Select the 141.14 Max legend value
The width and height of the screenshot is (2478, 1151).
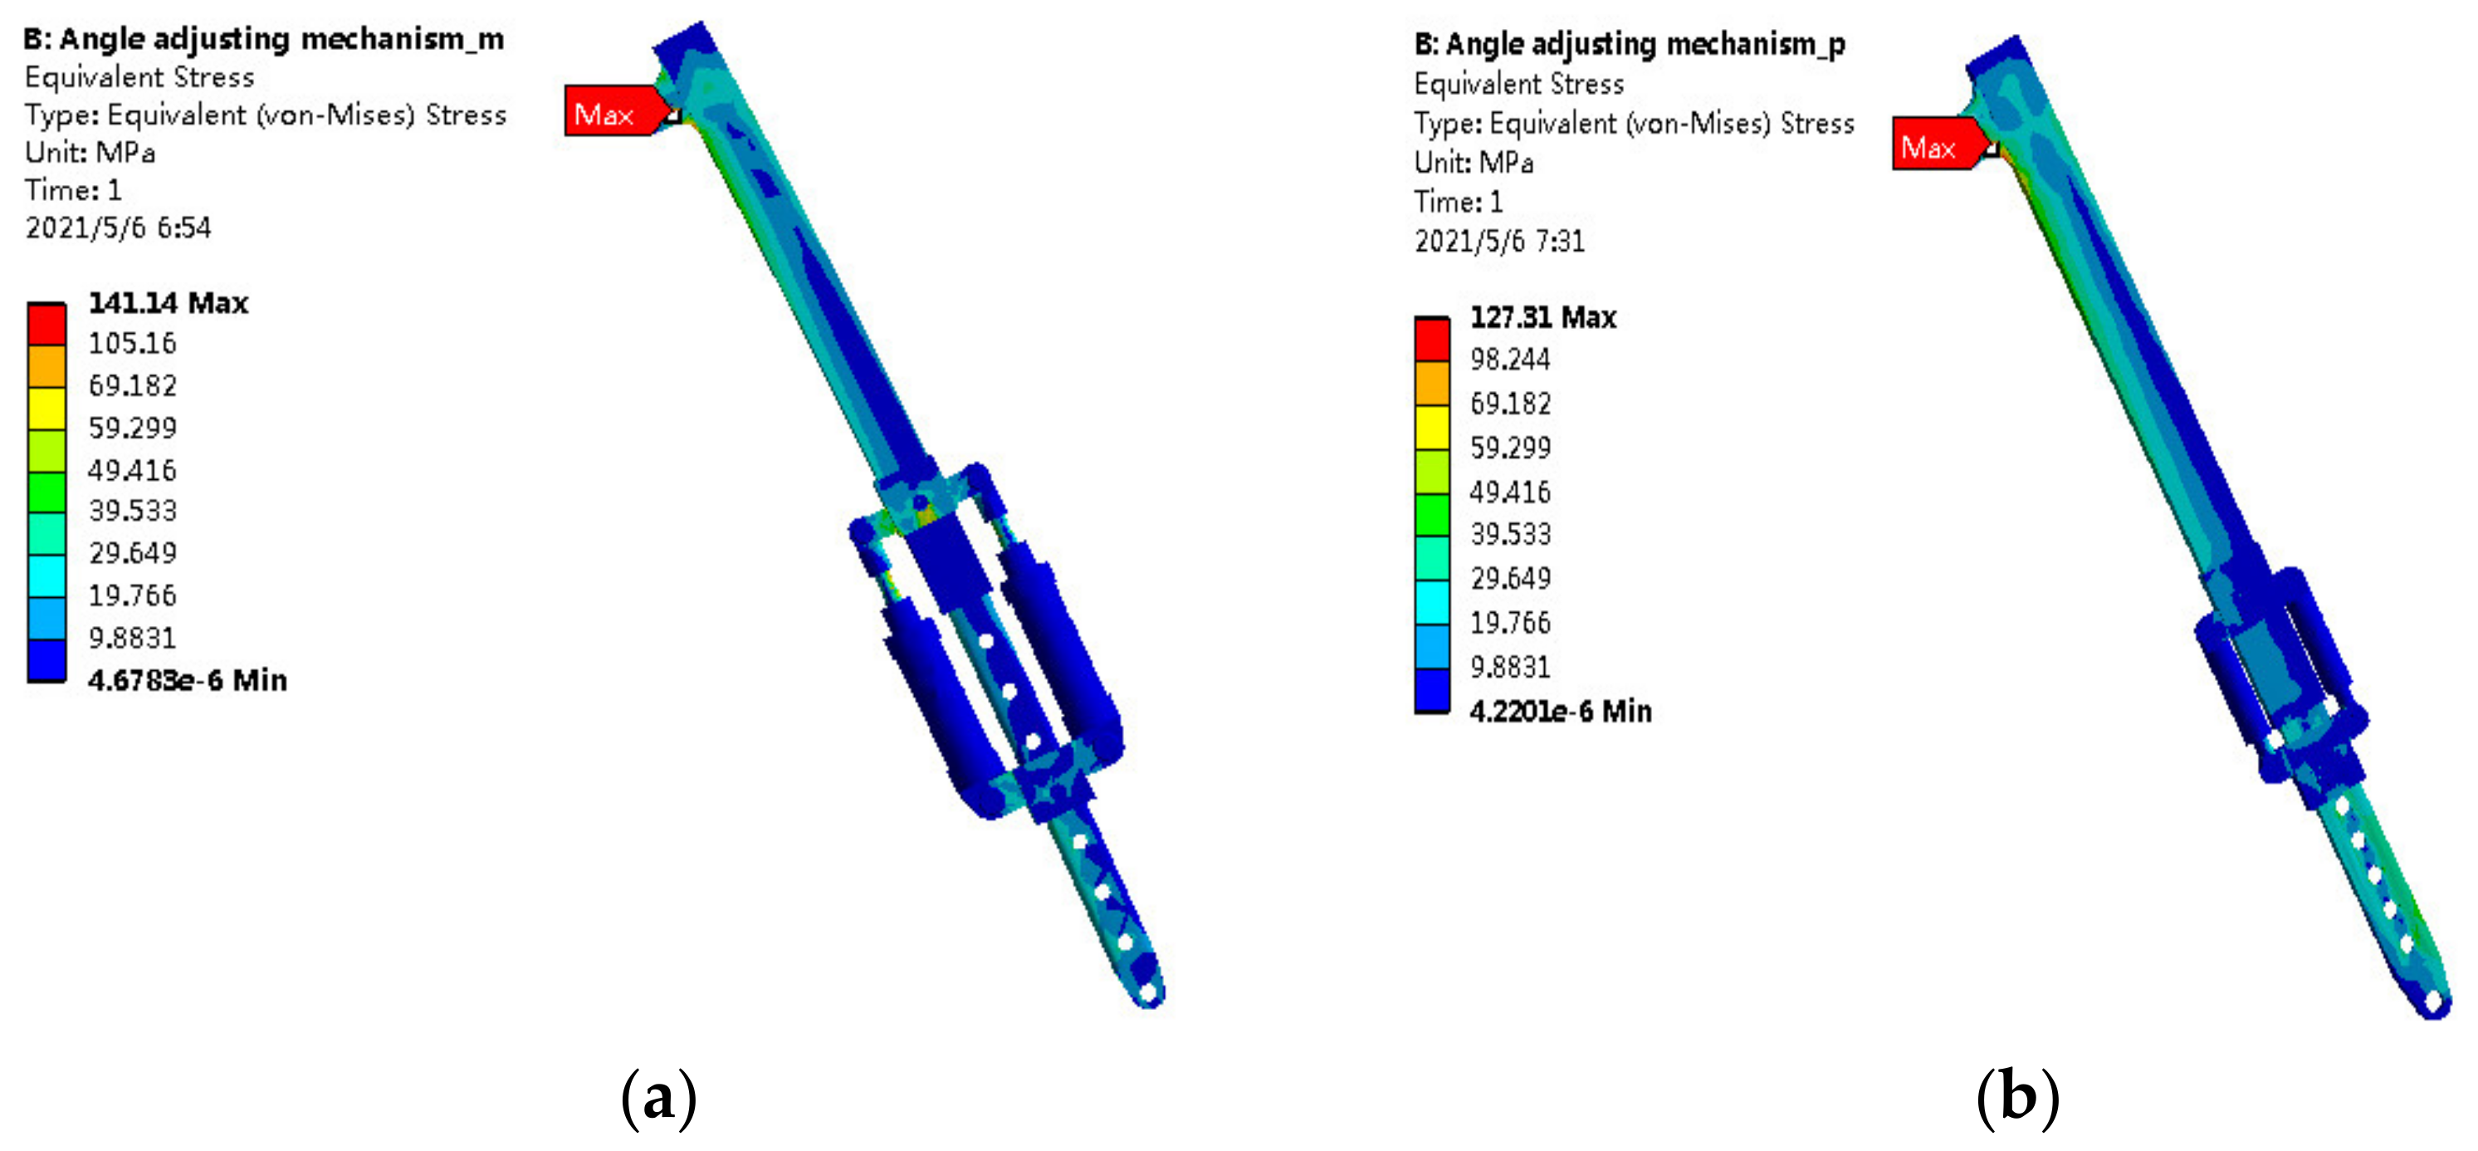[169, 303]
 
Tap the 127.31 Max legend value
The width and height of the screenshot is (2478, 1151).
[1543, 317]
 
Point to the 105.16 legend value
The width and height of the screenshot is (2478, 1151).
[133, 344]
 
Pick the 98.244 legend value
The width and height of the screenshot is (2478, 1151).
[1510, 360]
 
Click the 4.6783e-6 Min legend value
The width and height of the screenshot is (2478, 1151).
[188, 680]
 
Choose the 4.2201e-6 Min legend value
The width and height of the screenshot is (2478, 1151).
[1561, 711]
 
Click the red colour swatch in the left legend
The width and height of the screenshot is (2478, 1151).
[47, 325]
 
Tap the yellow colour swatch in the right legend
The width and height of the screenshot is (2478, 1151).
[1432, 428]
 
